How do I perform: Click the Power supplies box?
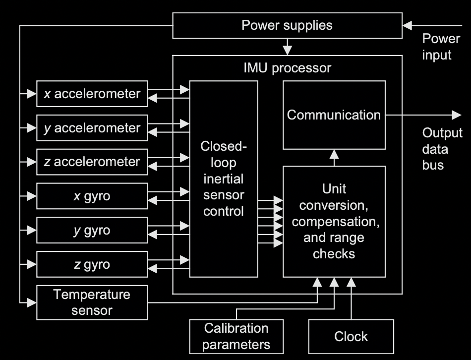(287, 25)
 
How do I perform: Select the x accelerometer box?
(92, 94)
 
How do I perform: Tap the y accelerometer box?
(92, 128)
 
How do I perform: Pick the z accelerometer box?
(92, 162)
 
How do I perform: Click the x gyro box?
(92, 196)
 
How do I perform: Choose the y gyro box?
(92, 231)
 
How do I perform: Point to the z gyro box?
(92, 265)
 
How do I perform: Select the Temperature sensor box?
(92, 302)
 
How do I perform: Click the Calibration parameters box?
(236, 336)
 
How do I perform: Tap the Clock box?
(351, 336)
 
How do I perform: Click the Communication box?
(334, 115)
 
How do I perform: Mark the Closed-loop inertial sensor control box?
(224, 179)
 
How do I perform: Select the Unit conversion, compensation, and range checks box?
(334, 221)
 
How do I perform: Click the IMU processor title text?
(287, 67)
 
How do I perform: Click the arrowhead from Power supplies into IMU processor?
(287, 51)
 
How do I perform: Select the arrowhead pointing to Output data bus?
(456, 115)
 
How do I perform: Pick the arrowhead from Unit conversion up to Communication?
(334, 154)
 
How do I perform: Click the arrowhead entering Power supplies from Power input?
(407, 25)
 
